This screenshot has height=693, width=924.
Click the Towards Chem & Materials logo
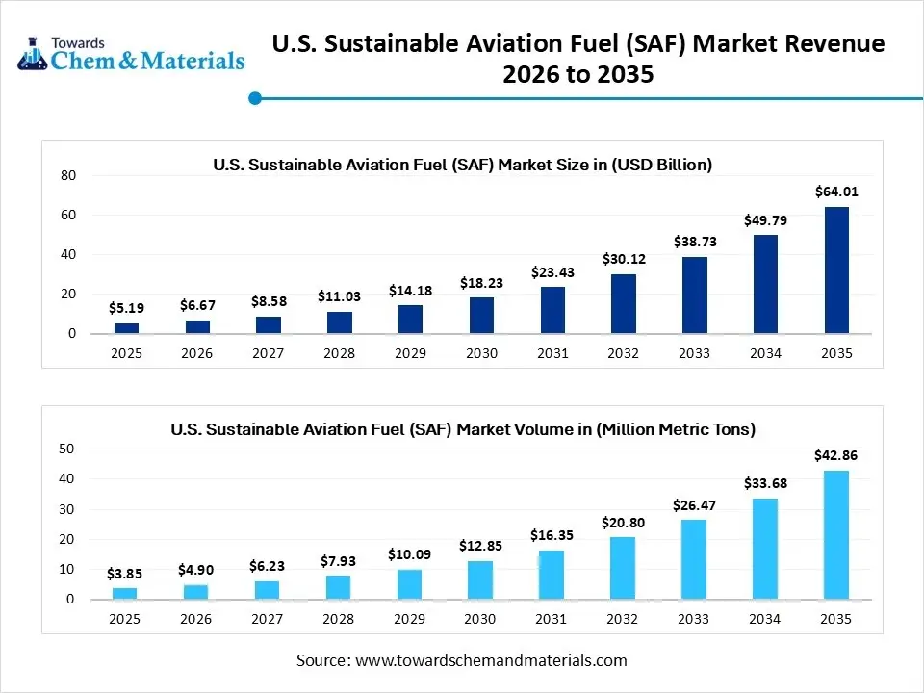[131, 55]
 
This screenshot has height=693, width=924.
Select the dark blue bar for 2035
[836, 270]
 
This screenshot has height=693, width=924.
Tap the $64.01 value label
[836, 192]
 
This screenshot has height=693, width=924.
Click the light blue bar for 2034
[765, 549]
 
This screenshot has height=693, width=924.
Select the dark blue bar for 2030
[481, 316]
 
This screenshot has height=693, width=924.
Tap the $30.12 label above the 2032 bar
[623, 259]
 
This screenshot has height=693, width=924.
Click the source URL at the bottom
[491, 660]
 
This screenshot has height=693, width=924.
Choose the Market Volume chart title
[462, 429]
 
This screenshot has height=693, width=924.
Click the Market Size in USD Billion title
[462, 165]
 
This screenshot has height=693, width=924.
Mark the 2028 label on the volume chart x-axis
[339, 619]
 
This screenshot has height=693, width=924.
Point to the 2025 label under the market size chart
[126, 353]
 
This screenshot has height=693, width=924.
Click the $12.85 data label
[481, 546]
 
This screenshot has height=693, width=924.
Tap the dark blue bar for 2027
[268, 325]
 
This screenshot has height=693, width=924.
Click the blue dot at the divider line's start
[255, 98]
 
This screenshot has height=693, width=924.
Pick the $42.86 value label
[836, 455]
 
